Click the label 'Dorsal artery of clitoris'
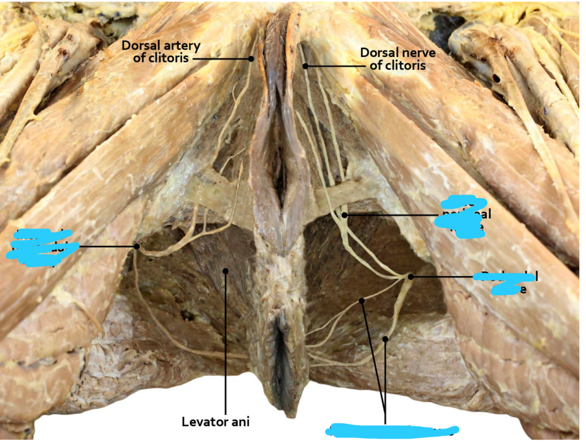pos(161,52)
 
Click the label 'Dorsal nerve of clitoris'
pos(398,59)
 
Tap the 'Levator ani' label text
pos(215,422)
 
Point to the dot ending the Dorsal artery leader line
pos(251,58)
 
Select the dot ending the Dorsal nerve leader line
pos(305,66)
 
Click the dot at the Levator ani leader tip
pos(225,271)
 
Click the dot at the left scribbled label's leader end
pos(137,247)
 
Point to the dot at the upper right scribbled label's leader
pos(345,215)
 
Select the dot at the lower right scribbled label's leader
pos(410,277)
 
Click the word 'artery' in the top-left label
pos(180,46)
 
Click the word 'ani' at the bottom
pos(240,422)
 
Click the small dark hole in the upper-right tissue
pos(496,79)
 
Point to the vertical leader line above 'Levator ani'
pos(225,343)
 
